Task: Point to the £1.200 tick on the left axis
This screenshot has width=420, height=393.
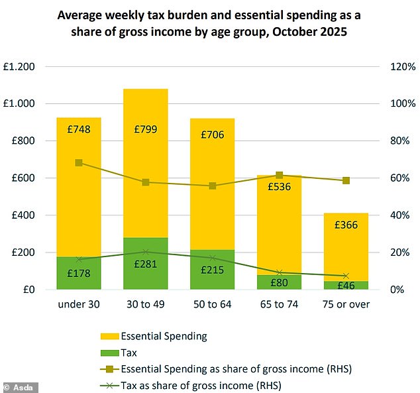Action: [22, 67]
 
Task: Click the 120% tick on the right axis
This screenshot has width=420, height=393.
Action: [401, 67]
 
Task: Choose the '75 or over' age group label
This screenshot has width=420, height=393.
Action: [346, 304]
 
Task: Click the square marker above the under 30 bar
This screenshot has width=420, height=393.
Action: [79, 162]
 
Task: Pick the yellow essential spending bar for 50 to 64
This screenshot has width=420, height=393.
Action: [212, 192]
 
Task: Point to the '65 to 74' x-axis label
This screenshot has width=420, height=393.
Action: [279, 304]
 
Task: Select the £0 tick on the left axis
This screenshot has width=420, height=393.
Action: [30, 290]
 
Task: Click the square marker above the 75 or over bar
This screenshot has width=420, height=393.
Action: [346, 180]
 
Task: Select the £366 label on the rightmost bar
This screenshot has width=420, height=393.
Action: [346, 225]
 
